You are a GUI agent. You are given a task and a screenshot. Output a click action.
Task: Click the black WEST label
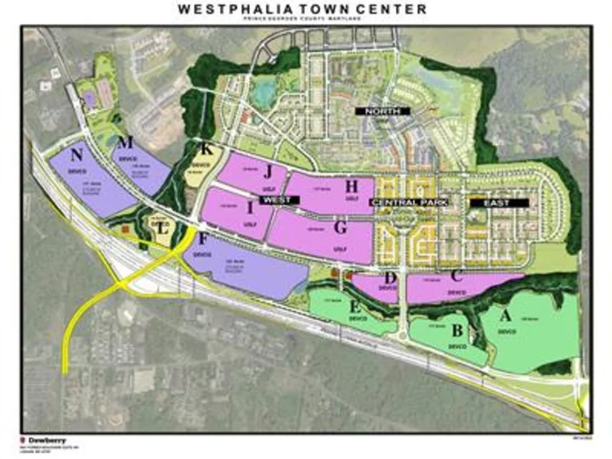point(277,199)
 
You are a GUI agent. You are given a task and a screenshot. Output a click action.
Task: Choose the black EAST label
point(497,204)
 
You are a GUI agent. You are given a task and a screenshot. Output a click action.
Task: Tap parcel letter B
point(457,330)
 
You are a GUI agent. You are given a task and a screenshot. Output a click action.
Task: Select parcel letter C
point(456,276)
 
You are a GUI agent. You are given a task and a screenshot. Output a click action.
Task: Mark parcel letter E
point(354,305)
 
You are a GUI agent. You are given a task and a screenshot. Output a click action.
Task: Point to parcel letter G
point(341,228)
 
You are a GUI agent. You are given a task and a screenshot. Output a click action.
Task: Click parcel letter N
point(77,155)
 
